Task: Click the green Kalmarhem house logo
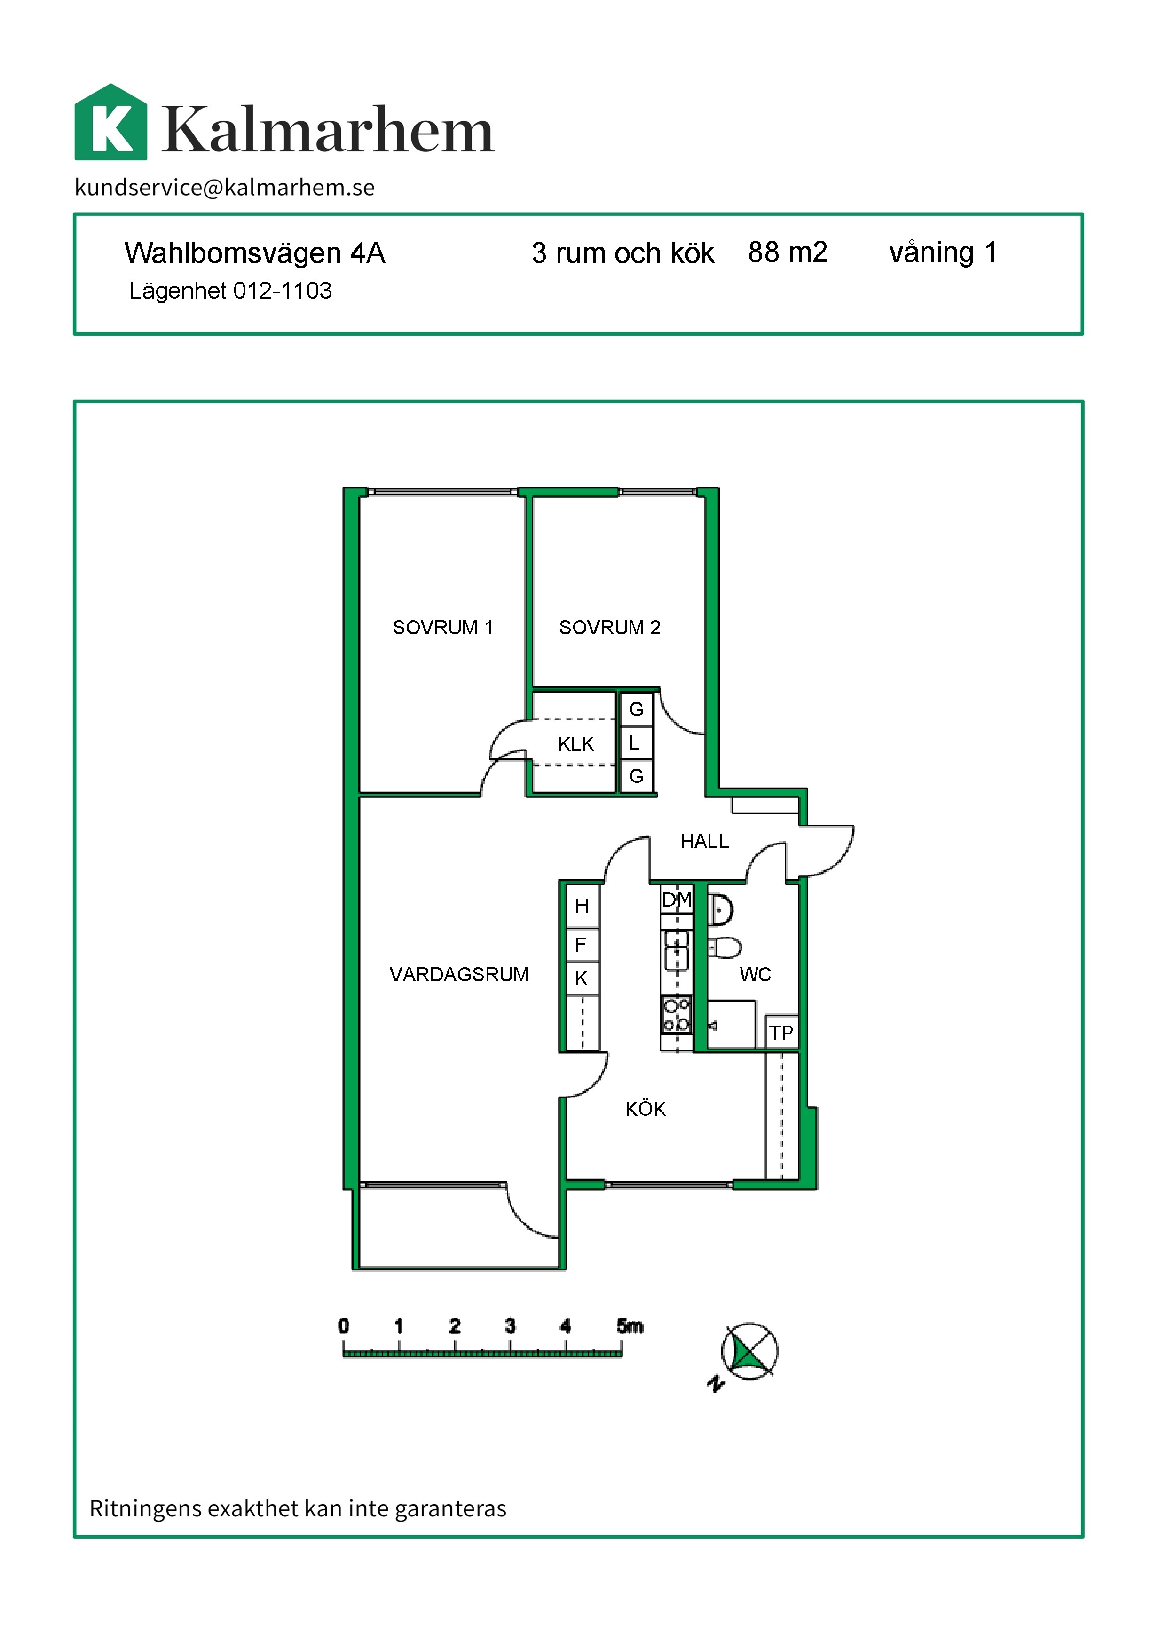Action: click(111, 122)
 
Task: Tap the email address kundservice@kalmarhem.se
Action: click(225, 188)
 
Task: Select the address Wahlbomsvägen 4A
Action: click(255, 253)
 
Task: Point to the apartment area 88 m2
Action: click(788, 252)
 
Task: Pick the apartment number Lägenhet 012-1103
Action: click(230, 291)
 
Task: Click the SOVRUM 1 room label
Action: click(443, 628)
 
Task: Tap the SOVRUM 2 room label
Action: click(610, 628)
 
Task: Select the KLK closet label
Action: click(576, 744)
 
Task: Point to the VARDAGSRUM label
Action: click(459, 975)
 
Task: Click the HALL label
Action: click(704, 842)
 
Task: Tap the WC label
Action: click(756, 975)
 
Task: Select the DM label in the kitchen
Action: click(677, 900)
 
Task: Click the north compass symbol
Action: click(749, 1352)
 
